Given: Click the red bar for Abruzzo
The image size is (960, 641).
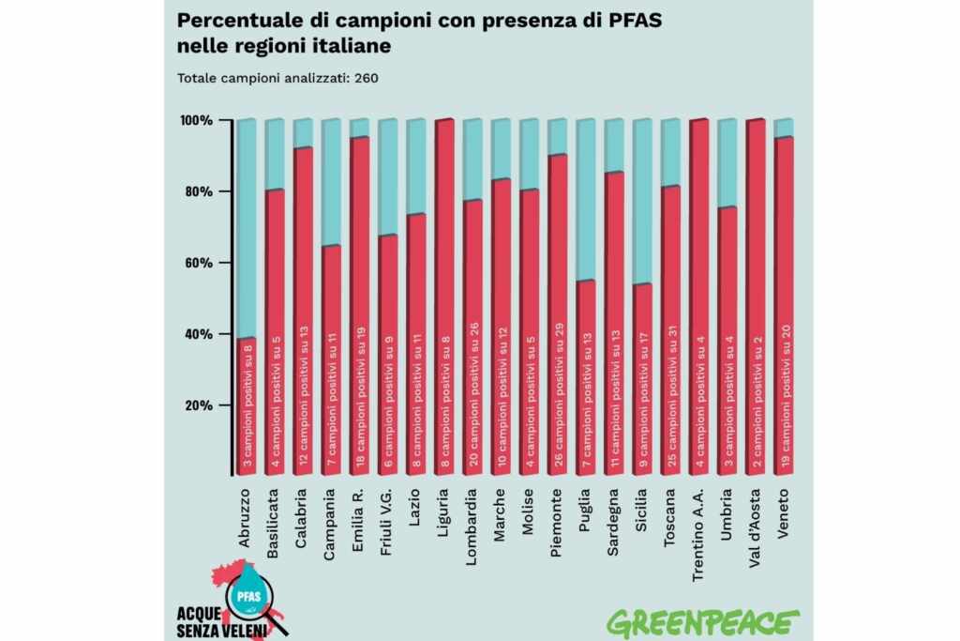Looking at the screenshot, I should pos(247,408).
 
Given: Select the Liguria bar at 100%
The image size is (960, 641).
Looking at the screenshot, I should pos(444,300).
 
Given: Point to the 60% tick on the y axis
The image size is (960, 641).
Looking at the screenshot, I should pos(198,264).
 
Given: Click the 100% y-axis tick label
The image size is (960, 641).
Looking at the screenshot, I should pos(195,121).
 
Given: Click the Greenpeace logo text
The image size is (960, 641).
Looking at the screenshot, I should pos(703,622).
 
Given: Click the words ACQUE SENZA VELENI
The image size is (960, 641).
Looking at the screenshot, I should pos(217,620).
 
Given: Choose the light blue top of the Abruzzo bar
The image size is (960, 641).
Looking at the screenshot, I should pos(247,230).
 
